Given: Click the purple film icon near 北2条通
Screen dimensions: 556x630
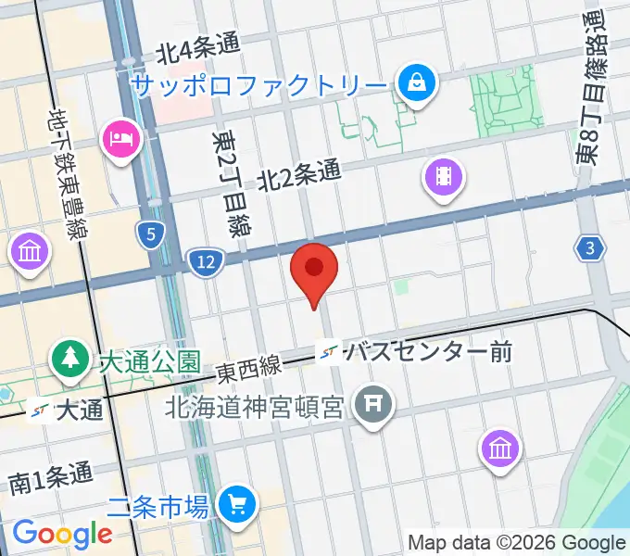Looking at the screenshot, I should (x=444, y=175).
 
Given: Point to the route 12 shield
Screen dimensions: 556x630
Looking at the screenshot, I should (x=205, y=263).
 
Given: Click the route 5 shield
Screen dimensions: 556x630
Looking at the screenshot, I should (x=150, y=234).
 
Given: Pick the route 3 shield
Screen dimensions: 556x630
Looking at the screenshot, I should (x=589, y=247).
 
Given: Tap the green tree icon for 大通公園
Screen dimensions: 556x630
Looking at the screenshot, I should (x=69, y=360).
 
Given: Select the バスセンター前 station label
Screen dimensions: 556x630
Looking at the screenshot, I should (x=426, y=352).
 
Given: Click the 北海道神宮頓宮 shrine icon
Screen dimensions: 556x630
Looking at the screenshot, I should (x=373, y=405).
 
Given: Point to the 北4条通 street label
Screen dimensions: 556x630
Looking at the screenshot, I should (x=197, y=49).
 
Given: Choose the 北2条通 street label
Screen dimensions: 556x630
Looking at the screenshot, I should (x=299, y=174).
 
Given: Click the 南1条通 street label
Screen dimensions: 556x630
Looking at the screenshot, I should (x=52, y=480).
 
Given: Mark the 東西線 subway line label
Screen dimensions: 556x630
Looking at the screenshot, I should (x=249, y=368).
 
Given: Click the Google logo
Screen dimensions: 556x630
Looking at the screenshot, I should (x=62, y=534).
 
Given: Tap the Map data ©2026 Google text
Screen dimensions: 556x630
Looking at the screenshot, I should (x=517, y=542).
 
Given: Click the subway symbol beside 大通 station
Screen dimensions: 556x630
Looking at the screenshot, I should (x=39, y=409).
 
